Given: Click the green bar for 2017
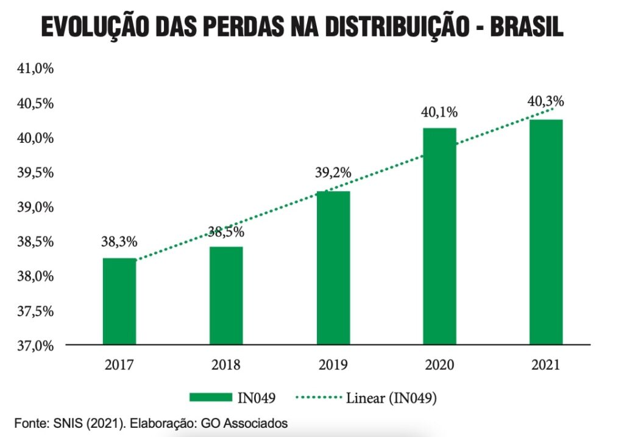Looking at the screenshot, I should [x=119, y=302].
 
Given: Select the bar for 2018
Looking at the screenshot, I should [x=226, y=296].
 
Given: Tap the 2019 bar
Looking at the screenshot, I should [x=333, y=268].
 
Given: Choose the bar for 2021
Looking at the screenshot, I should [x=546, y=232].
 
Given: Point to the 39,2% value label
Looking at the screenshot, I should [x=333, y=173].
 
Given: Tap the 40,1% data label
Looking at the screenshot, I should [x=439, y=112].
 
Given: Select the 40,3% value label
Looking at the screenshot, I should [x=545, y=101].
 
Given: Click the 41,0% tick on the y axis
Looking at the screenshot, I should [x=35, y=69].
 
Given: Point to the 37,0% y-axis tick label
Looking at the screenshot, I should [x=35, y=345].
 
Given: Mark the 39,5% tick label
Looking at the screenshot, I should [x=35, y=173].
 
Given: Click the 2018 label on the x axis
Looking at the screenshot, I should [x=226, y=366].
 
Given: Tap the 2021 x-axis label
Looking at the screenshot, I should [x=545, y=366].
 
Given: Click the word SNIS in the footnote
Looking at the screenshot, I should [x=65, y=422].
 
